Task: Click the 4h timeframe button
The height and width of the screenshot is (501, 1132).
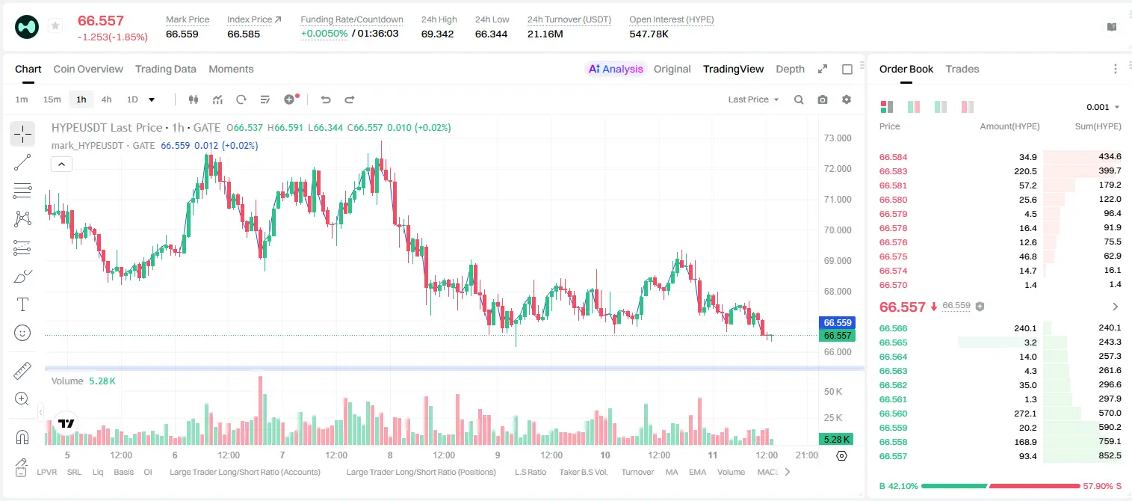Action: click(106, 99)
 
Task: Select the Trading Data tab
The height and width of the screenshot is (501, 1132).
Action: click(165, 69)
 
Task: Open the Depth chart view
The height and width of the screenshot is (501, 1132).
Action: click(790, 69)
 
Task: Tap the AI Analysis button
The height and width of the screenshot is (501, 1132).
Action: click(616, 69)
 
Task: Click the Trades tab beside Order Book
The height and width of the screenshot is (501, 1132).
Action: click(962, 69)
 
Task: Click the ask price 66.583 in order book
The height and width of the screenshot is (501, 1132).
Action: click(893, 171)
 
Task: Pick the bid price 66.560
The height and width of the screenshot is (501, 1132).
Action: click(893, 414)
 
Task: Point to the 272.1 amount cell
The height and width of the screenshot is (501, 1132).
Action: click(1025, 414)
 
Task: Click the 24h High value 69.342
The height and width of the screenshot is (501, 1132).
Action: click(437, 34)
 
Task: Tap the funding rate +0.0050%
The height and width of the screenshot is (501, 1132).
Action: click(324, 34)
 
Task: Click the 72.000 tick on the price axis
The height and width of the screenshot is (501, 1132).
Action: click(838, 169)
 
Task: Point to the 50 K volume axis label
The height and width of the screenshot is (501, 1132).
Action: click(833, 392)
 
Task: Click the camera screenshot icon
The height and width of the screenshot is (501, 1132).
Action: click(823, 99)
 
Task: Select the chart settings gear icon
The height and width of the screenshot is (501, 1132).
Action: click(847, 99)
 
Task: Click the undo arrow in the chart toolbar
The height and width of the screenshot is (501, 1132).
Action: click(326, 99)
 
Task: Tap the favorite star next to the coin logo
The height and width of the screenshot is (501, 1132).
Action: click(55, 25)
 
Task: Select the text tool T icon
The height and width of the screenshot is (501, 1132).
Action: click(22, 304)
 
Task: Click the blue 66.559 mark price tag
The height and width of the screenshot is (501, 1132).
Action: click(837, 322)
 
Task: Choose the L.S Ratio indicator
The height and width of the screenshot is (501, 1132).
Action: click(530, 472)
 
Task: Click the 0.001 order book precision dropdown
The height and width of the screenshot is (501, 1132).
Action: click(1103, 107)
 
